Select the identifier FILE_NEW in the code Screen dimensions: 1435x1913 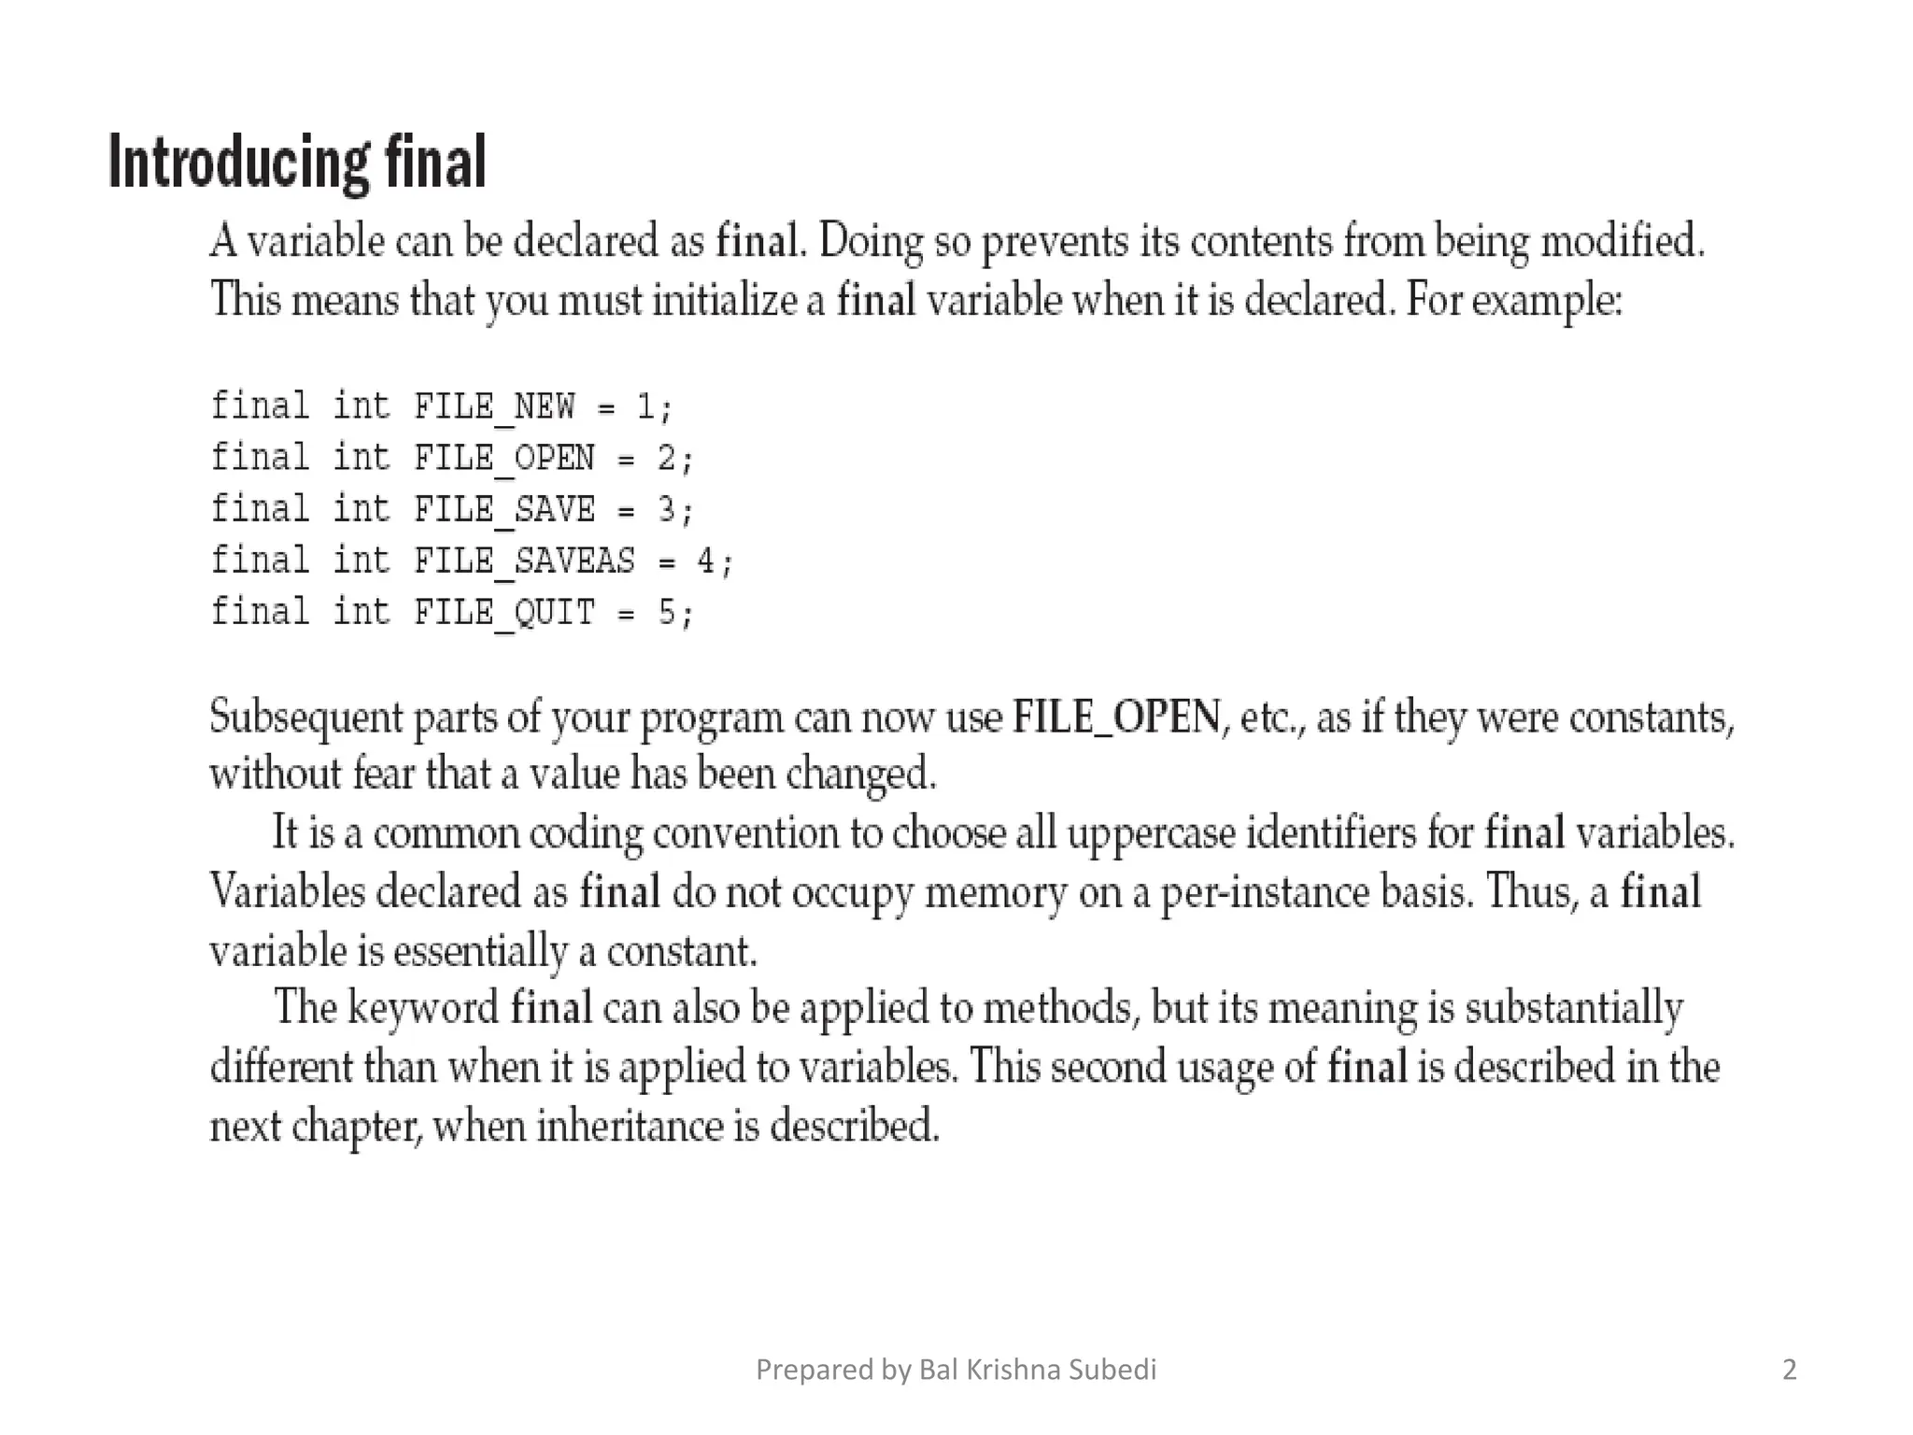[x=494, y=406]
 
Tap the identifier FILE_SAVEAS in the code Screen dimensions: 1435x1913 [x=524, y=561]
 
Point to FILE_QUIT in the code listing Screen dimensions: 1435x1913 [x=504, y=612]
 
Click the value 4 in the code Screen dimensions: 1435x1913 [x=705, y=561]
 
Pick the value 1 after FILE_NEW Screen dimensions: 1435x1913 [x=645, y=406]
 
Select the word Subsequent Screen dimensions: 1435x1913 [x=305, y=717]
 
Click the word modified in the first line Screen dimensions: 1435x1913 [x=1622, y=240]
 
